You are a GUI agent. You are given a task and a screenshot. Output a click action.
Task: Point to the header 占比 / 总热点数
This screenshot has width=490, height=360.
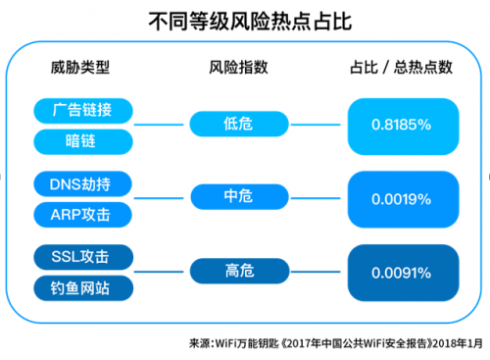[401, 68]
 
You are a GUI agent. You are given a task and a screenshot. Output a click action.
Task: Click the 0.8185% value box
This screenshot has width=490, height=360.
[402, 125]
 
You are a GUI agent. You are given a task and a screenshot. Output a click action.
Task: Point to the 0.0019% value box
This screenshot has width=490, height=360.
[402, 198]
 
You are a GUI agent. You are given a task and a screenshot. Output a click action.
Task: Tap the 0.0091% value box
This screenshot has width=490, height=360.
[402, 273]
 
